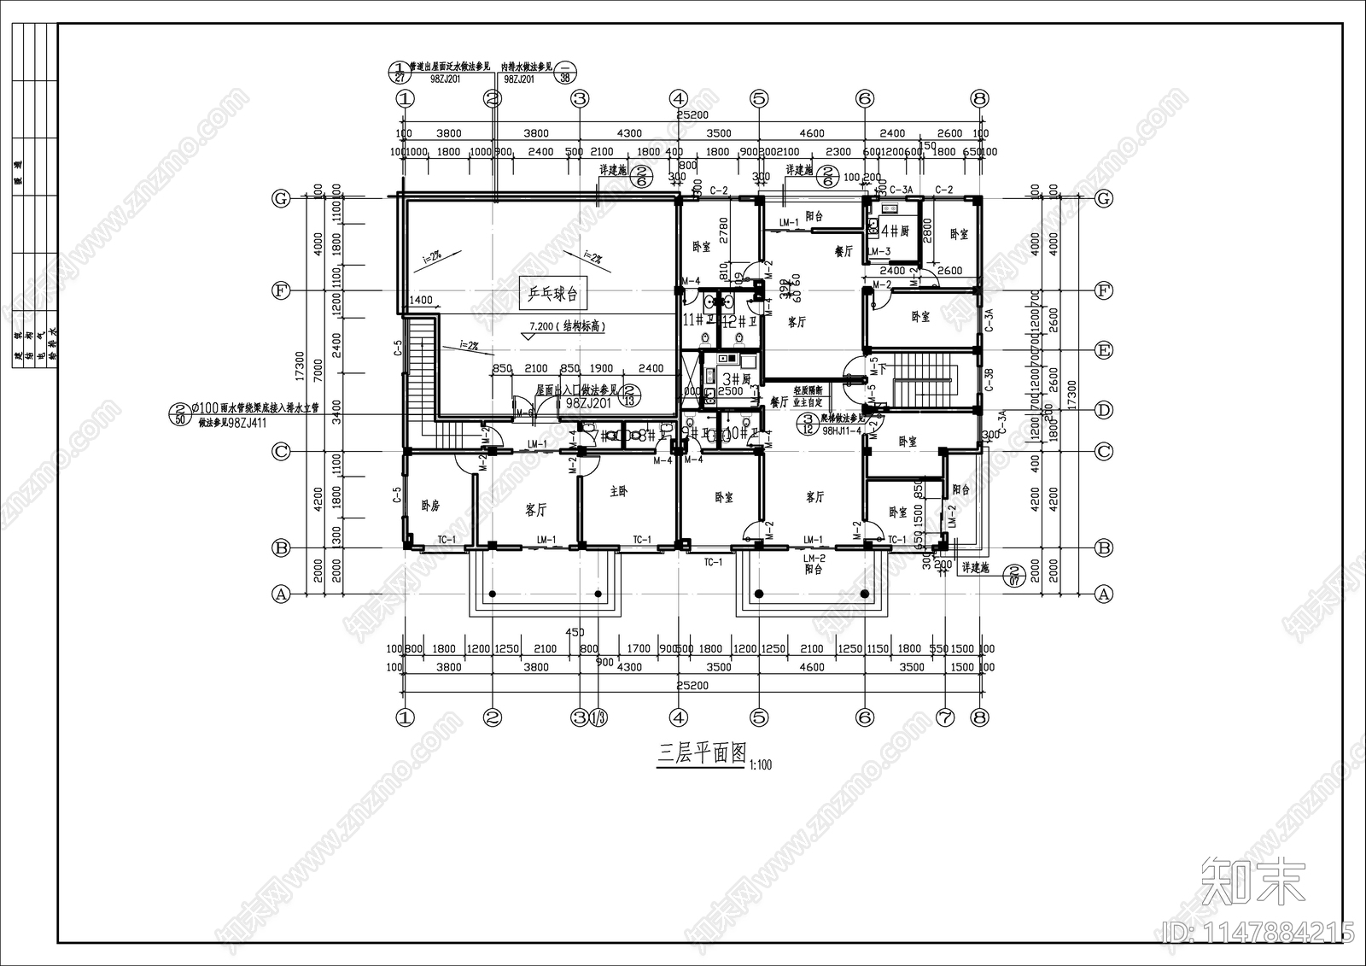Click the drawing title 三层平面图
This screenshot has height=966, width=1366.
[701, 754]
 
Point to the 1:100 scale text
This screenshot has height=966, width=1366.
[760, 764]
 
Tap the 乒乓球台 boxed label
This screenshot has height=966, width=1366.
[552, 295]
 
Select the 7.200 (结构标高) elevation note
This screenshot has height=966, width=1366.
[568, 326]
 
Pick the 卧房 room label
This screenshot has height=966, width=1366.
[430, 506]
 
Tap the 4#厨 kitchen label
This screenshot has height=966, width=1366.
[895, 231]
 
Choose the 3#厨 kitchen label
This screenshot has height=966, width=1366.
[735, 378]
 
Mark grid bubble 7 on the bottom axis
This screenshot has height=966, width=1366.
[944, 717]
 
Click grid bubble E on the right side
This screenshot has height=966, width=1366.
[1104, 350]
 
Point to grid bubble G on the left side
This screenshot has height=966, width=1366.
[281, 199]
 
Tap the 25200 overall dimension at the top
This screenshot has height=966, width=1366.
[692, 115]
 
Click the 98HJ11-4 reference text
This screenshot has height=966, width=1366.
[842, 431]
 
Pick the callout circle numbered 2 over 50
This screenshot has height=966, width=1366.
[180, 414]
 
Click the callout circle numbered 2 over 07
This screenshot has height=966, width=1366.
[1015, 575]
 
